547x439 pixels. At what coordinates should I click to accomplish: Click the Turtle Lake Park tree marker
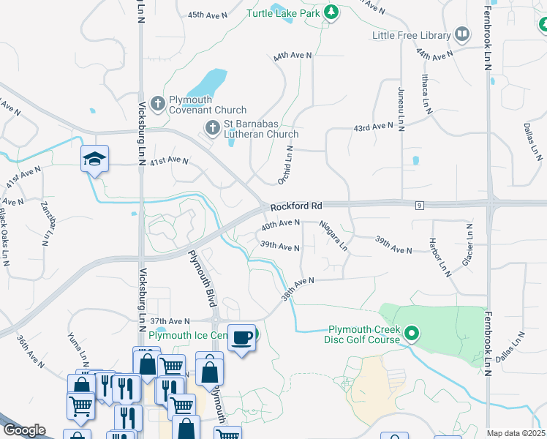[331, 12]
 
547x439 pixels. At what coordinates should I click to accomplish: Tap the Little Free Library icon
[461, 34]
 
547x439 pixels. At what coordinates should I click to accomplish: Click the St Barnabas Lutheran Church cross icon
[212, 129]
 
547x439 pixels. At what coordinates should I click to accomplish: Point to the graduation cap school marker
[94, 159]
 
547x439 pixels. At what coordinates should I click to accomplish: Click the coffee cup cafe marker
[242, 337]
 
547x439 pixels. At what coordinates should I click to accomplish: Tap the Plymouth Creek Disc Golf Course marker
[412, 335]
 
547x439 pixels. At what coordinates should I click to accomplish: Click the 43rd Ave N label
[373, 127]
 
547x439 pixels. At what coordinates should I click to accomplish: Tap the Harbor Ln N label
[443, 255]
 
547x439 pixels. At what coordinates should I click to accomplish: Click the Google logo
[24, 430]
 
